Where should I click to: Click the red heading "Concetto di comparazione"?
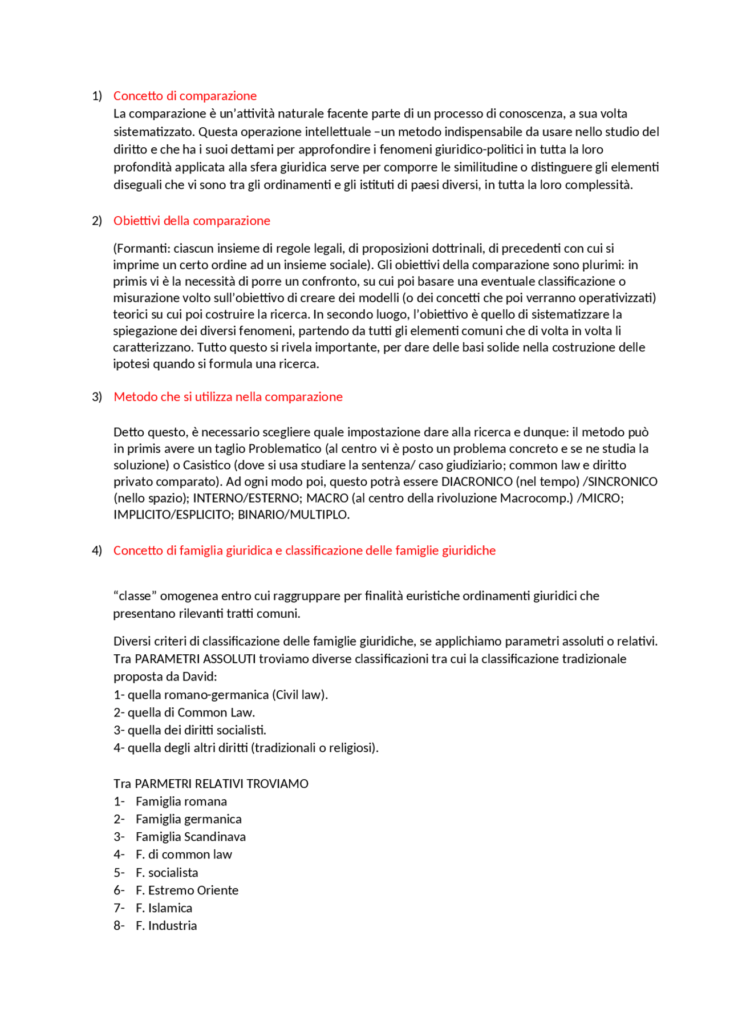pos(185,96)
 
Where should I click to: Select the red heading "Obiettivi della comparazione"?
pos(192,221)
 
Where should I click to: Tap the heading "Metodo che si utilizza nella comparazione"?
pos(228,397)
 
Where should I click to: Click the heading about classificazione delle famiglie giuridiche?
pos(304,550)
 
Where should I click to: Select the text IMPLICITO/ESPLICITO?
pos(172,515)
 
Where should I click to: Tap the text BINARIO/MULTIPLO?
pos(293,515)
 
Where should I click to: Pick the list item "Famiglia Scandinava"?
pos(190,837)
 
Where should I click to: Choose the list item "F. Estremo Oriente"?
pos(186,890)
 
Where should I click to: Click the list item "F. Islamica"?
pos(164,908)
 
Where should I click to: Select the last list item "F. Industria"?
pos(166,926)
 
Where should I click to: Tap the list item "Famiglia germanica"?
pos(188,819)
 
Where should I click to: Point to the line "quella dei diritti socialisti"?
pos(196,730)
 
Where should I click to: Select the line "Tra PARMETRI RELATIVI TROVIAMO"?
pos(210,784)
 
